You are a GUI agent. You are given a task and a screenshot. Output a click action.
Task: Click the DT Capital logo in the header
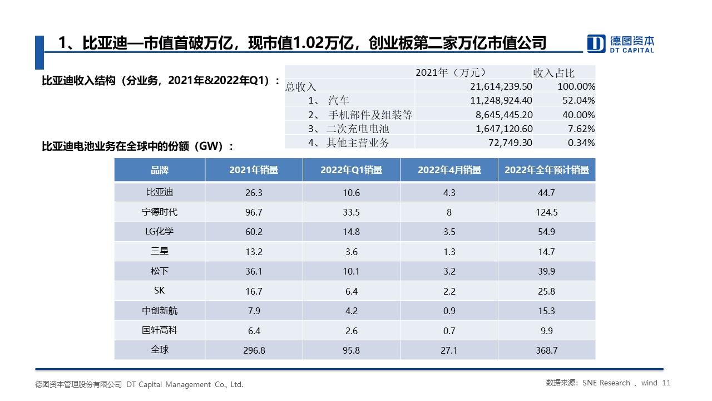[621, 43]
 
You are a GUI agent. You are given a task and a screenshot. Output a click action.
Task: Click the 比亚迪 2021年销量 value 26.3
[254, 193]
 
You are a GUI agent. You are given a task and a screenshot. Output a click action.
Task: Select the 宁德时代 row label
[160, 212]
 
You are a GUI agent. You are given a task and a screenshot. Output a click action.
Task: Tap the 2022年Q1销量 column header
[352, 170]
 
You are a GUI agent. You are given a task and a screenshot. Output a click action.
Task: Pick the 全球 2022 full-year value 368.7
[546, 350]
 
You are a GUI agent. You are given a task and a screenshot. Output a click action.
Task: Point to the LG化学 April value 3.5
[449, 232]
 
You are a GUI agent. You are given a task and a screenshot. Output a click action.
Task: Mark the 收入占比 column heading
[554, 72]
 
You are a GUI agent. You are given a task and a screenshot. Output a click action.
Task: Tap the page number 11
[667, 383]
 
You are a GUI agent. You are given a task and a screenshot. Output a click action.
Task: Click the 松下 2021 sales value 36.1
[254, 271]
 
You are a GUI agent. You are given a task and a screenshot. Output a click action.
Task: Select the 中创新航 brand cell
[160, 311]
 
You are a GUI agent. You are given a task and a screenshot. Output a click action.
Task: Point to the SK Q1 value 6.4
[352, 291]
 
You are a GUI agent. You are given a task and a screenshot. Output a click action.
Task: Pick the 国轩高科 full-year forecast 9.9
[546, 331]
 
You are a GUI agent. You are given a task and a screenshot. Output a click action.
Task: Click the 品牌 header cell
[160, 170]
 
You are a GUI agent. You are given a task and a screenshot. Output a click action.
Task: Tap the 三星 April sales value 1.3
[449, 252]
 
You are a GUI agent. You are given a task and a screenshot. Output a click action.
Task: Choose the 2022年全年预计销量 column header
[546, 170]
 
